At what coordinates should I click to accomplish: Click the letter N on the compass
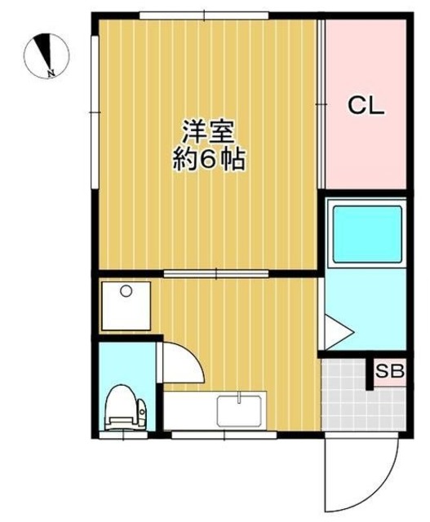click(51, 73)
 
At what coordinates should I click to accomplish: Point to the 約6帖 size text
click(208, 159)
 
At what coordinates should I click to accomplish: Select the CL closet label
click(366, 105)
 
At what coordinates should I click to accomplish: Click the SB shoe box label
click(389, 373)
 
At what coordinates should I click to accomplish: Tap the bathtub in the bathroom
click(366, 233)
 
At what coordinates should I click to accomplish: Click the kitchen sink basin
click(239, 410)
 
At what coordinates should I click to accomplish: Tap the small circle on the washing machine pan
click(126, 291)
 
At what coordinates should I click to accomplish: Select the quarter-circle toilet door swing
click(181, 365)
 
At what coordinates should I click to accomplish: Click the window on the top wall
click(204, 15)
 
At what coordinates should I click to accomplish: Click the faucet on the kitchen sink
click(239, 398)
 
